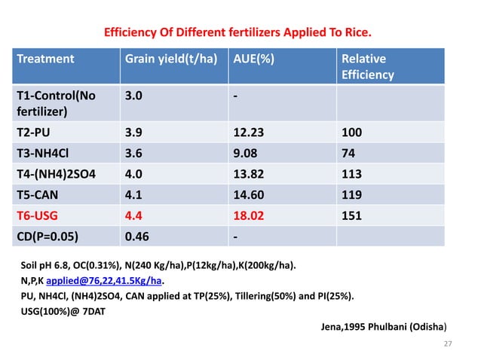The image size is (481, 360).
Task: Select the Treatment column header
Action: point(46,59)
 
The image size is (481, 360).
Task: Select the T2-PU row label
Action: point(34,133)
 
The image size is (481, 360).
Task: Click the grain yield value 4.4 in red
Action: point(133,215)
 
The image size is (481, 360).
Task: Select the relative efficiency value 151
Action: point(352,215)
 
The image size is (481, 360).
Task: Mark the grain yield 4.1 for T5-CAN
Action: point(133,194)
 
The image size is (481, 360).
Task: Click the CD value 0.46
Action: point(136,236)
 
